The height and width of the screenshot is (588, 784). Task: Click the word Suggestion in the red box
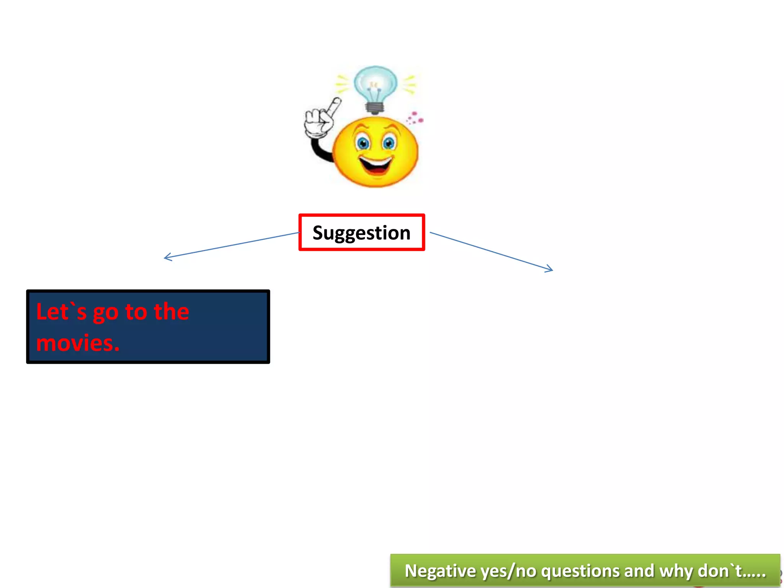361,233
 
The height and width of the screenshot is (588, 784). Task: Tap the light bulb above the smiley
375,84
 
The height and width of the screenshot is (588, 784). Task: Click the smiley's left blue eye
362,143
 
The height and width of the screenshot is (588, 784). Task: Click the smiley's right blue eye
389,143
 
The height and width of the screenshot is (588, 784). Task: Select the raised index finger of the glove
334,107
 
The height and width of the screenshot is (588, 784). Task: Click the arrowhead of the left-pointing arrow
167,257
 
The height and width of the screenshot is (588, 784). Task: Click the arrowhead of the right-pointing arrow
550,269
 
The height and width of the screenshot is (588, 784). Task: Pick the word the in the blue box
171,312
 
